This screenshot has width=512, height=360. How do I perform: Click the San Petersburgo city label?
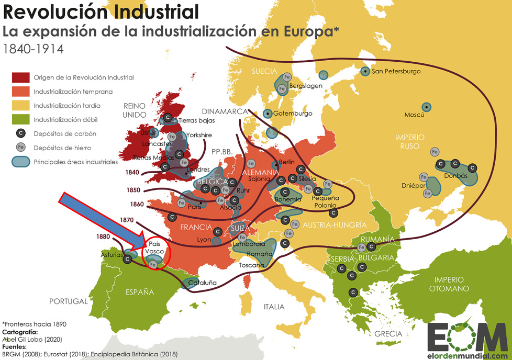pyautogui.click(x=396, y=71)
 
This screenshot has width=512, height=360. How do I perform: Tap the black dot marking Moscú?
pyautogui.click(x=427, y=107)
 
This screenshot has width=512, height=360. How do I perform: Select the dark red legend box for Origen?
pyautogui.click(x=20, y=77)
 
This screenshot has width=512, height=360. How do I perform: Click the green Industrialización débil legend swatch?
pyautogui.click(x=20, y=120)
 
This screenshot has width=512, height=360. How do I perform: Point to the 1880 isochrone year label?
pyautogui.click(x=103, y=236)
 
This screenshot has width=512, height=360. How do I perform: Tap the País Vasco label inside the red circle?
pyautogui.click(x=154, y=248)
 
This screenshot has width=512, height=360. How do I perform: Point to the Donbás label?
pyautogui.click(x=455, y=176)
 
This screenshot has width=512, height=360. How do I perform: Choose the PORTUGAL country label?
pyautogui.click(x=68, y=301)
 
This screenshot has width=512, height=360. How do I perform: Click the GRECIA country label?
pyautogui.click(x=388, y=333)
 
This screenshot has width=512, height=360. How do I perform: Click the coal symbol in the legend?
pyautogui.click(x=20, y=133)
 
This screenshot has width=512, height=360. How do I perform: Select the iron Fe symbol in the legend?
pyautogui.click(x=20, y=148)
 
